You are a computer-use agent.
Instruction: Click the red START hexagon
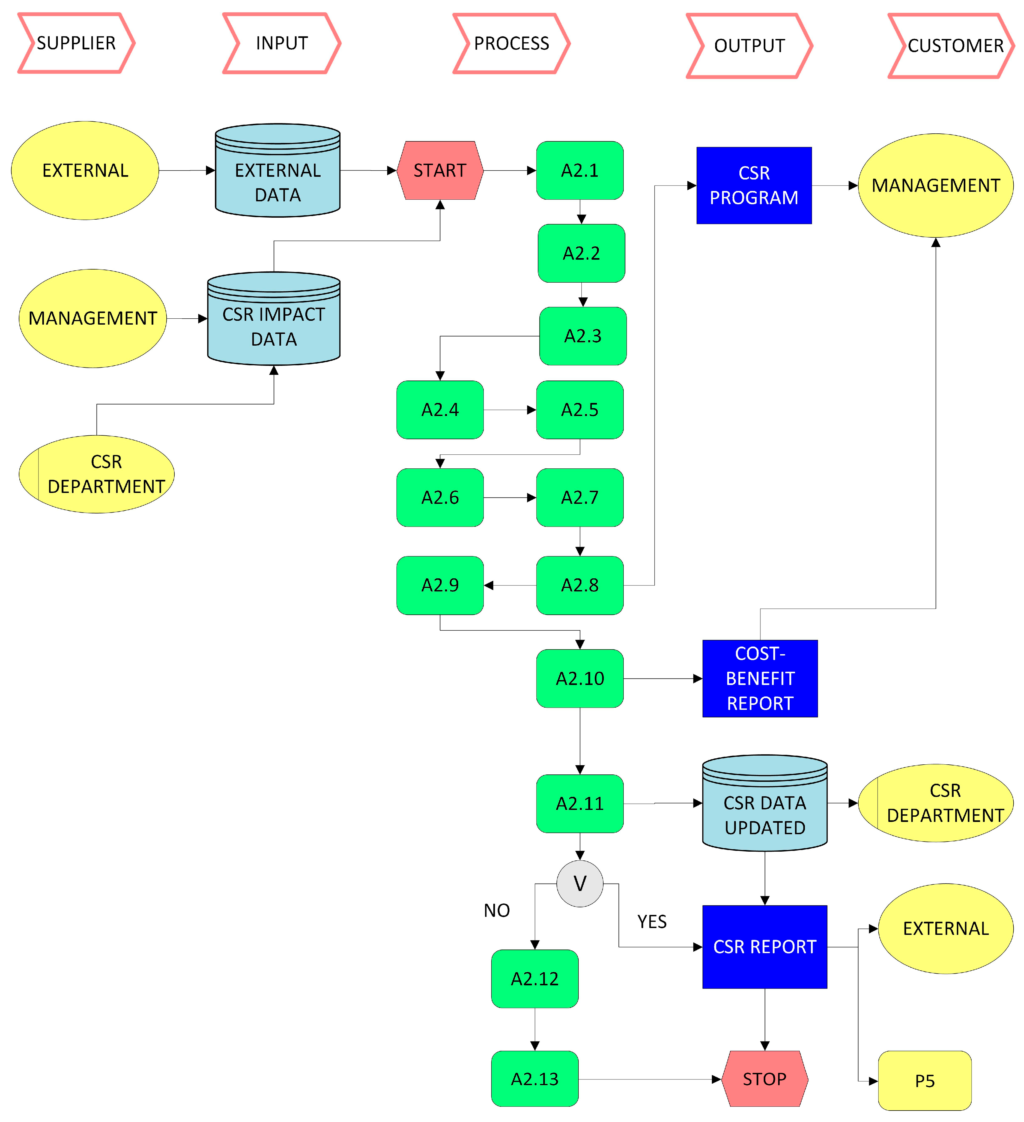click(x=440, y=170)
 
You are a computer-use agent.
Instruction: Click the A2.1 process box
click(x=580, y=170)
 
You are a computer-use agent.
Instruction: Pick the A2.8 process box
click(x=580, y=585)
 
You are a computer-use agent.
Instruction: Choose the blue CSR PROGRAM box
click(x=754, y=185)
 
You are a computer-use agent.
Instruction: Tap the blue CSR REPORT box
click(x=765, y=947)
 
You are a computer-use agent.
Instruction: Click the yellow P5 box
click(x=924, y=1080)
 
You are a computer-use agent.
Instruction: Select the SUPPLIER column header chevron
click(x=76, y=43)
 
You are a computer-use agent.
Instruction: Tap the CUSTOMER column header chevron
click(x=952, y=46)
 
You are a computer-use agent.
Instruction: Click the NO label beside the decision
click(x=496, y=911)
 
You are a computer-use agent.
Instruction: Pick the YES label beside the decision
click(x=652, y=922)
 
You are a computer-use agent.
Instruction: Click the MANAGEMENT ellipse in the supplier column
click(x=92, y=318)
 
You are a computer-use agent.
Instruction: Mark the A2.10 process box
click(x=580, y=678)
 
